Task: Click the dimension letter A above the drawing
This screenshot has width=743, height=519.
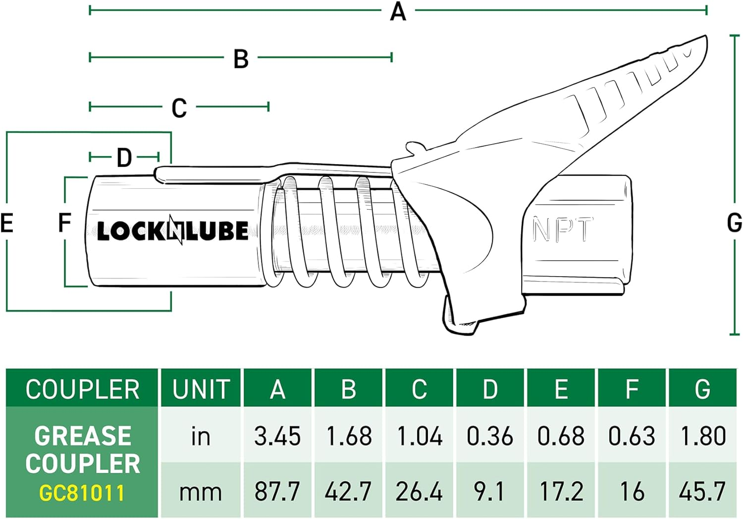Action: (x=398, y=11)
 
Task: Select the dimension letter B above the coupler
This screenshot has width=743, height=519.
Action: (x=241, y=59)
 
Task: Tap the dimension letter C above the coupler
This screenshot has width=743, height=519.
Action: (x=179, y=108)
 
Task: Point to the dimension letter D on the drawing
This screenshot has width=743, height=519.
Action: (x=124, y=158)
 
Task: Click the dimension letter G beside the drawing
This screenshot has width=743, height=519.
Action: (x=734, y=223)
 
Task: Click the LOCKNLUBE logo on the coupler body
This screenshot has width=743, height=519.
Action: (x=172, y=231)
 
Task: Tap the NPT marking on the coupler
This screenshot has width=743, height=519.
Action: (x=562, y=230)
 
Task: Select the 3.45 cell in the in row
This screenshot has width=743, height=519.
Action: (x=277, y=436)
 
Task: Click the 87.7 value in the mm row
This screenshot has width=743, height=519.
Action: (x=277, y=491)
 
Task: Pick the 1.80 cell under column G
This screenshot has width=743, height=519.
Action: (x=703, y=436)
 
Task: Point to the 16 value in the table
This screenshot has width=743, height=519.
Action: (x=632, y=491)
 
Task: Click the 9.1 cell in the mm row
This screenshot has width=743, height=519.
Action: (x=489, y=491)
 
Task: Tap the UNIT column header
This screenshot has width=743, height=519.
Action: (x=201, y=389)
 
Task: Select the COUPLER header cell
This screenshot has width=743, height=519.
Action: (x=83, y=389)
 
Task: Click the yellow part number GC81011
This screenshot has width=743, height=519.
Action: (x=82, y=493)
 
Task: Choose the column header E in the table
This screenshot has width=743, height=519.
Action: (x=561, y=389)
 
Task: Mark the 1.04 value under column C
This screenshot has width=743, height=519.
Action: (x=420, y=436)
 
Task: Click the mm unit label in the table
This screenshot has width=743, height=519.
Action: (x=200, y=492)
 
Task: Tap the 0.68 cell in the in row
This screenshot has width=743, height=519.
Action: (x=561, y=436)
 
